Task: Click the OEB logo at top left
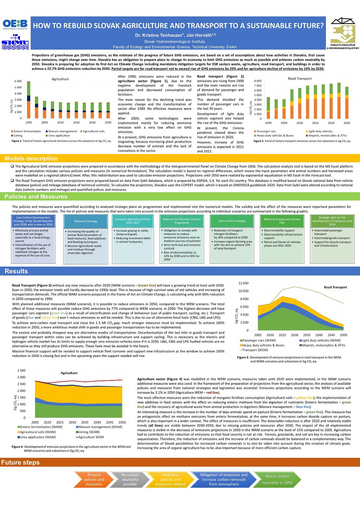pos(15,24)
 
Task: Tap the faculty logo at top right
pos(343,33)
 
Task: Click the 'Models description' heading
pos(31,158)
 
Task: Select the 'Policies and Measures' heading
pos(36,197)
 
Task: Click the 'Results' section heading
pos(16,271)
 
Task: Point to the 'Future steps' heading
pos(20,463)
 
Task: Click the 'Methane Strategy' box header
pos(86,221)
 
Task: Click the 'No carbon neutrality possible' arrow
pos(130,479)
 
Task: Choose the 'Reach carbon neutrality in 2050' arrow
pos(277,479)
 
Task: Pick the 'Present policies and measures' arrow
pos(94,479)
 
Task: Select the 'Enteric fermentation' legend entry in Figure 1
pos(27,131)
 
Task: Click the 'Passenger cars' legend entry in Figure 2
pos(266,131)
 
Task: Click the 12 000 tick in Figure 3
pos(243,283)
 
